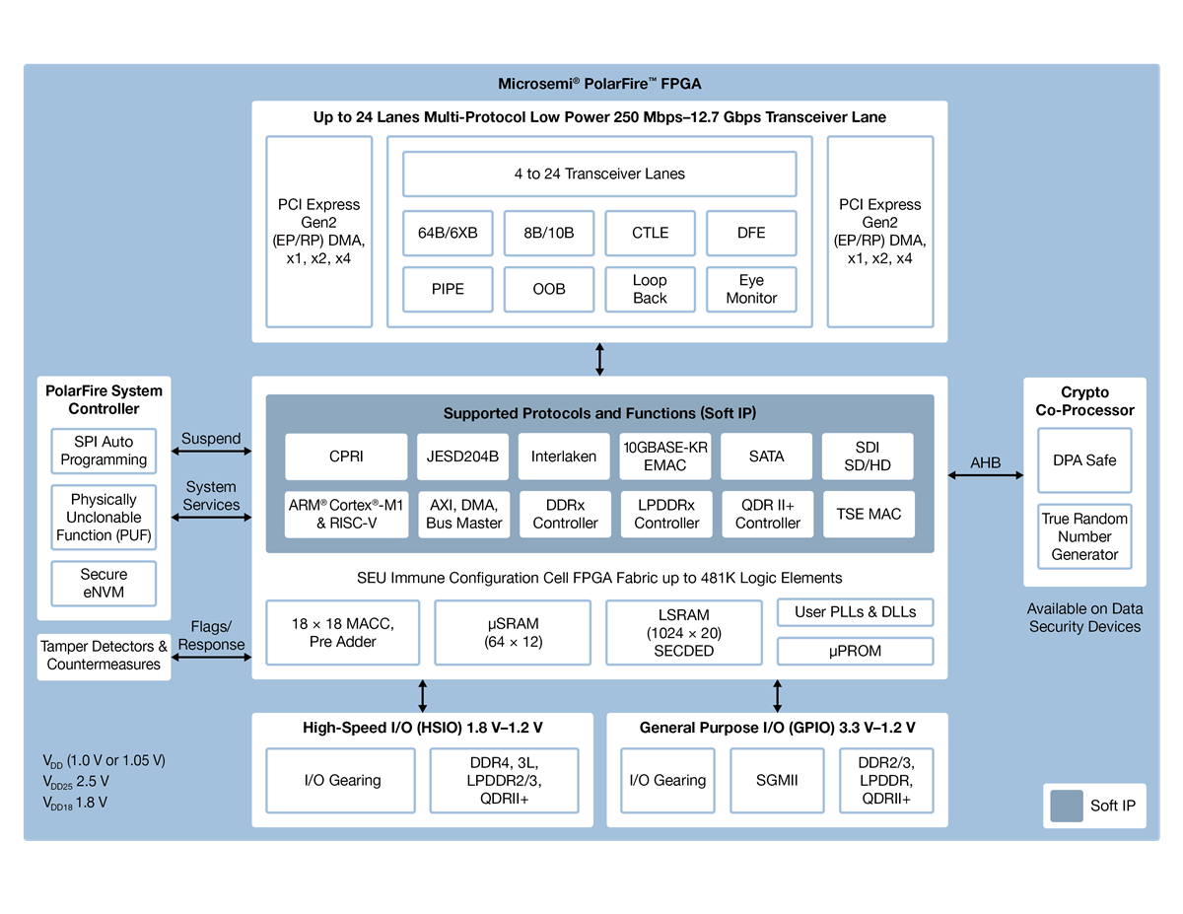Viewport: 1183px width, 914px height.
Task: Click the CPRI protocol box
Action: click(346, 457)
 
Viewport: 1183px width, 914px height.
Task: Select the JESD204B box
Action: click(463, 457)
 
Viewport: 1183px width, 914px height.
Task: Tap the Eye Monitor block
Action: click(751, 289)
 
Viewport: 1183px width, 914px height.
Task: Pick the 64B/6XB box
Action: click(448, 233)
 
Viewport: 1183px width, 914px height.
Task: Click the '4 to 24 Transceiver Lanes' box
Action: click(599, 174)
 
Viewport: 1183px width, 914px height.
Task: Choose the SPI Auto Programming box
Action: click(104, 451)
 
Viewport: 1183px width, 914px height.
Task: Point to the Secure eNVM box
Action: click(104, 583)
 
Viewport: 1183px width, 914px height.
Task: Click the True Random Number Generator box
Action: click(1084, 536)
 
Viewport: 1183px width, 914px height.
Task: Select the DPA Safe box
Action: click(1084, 459)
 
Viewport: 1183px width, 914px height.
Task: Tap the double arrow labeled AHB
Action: click(986, 475)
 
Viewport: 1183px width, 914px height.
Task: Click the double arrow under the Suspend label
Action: click(211, 452)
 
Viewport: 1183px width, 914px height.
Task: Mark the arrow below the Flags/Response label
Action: click(211, 656)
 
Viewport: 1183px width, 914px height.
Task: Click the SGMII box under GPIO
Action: click(777, 780)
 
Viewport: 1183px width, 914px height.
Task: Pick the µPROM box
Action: click(855, 651)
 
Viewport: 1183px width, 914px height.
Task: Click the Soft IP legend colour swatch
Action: click(1066, 806)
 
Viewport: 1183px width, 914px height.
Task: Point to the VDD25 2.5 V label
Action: click(76, 782)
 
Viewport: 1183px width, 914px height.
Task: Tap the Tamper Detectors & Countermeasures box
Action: click(104, 656)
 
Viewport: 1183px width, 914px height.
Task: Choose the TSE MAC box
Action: click(869, 514)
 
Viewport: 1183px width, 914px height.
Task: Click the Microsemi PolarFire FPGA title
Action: click(599, 84)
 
